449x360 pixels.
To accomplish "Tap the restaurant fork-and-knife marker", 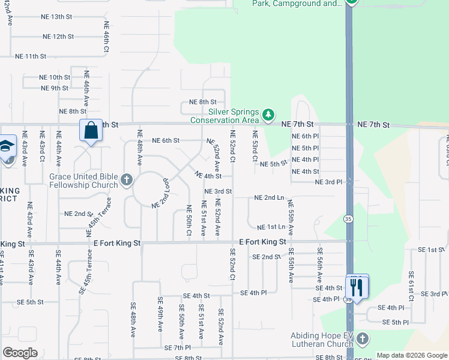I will click(x=357, y=287).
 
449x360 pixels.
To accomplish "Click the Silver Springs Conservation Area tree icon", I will click(x=269, y=114).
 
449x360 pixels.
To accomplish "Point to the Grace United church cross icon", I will click(x=126, y=179).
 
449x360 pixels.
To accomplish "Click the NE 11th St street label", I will click(x=31, y=56).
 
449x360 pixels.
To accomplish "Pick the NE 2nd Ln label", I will click(x=269, y=197).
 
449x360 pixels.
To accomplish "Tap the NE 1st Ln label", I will click(x=271, y=227).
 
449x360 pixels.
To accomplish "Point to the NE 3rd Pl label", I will click(x=328, y=182).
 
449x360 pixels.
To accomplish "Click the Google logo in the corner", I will click(x=20, y=352).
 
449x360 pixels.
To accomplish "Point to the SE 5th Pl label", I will click(x=396, y=322).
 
